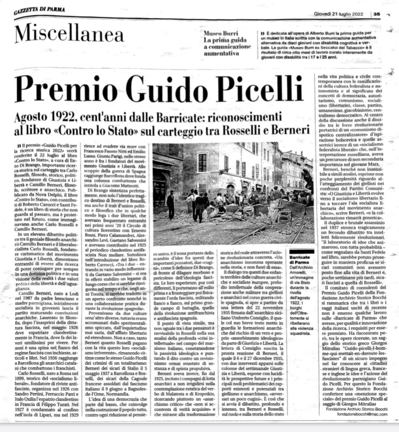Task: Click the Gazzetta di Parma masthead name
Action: (39, 10)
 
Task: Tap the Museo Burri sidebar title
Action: (221, 33)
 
